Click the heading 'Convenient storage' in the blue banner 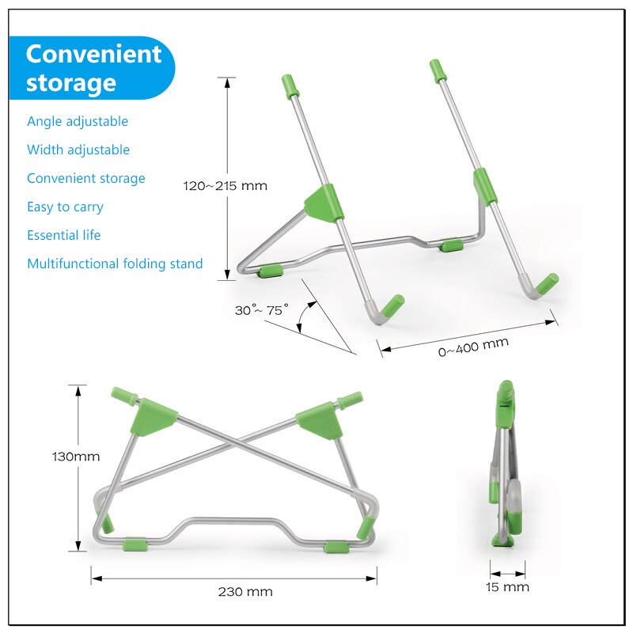pos(93,68)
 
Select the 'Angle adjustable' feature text pos(78,121)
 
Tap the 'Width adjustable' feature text pos(78,150)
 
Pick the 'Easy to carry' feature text pos(65,207)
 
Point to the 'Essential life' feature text pos(63,235)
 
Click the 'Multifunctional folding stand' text pos(115,263)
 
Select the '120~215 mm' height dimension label pos(226,186)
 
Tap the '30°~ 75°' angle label pos(262,309)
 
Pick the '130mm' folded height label pos(76,457)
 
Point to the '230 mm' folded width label pos(245,591)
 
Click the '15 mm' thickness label pos(507,586)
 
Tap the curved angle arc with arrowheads pos(305,318)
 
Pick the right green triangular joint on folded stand pos(320,418)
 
